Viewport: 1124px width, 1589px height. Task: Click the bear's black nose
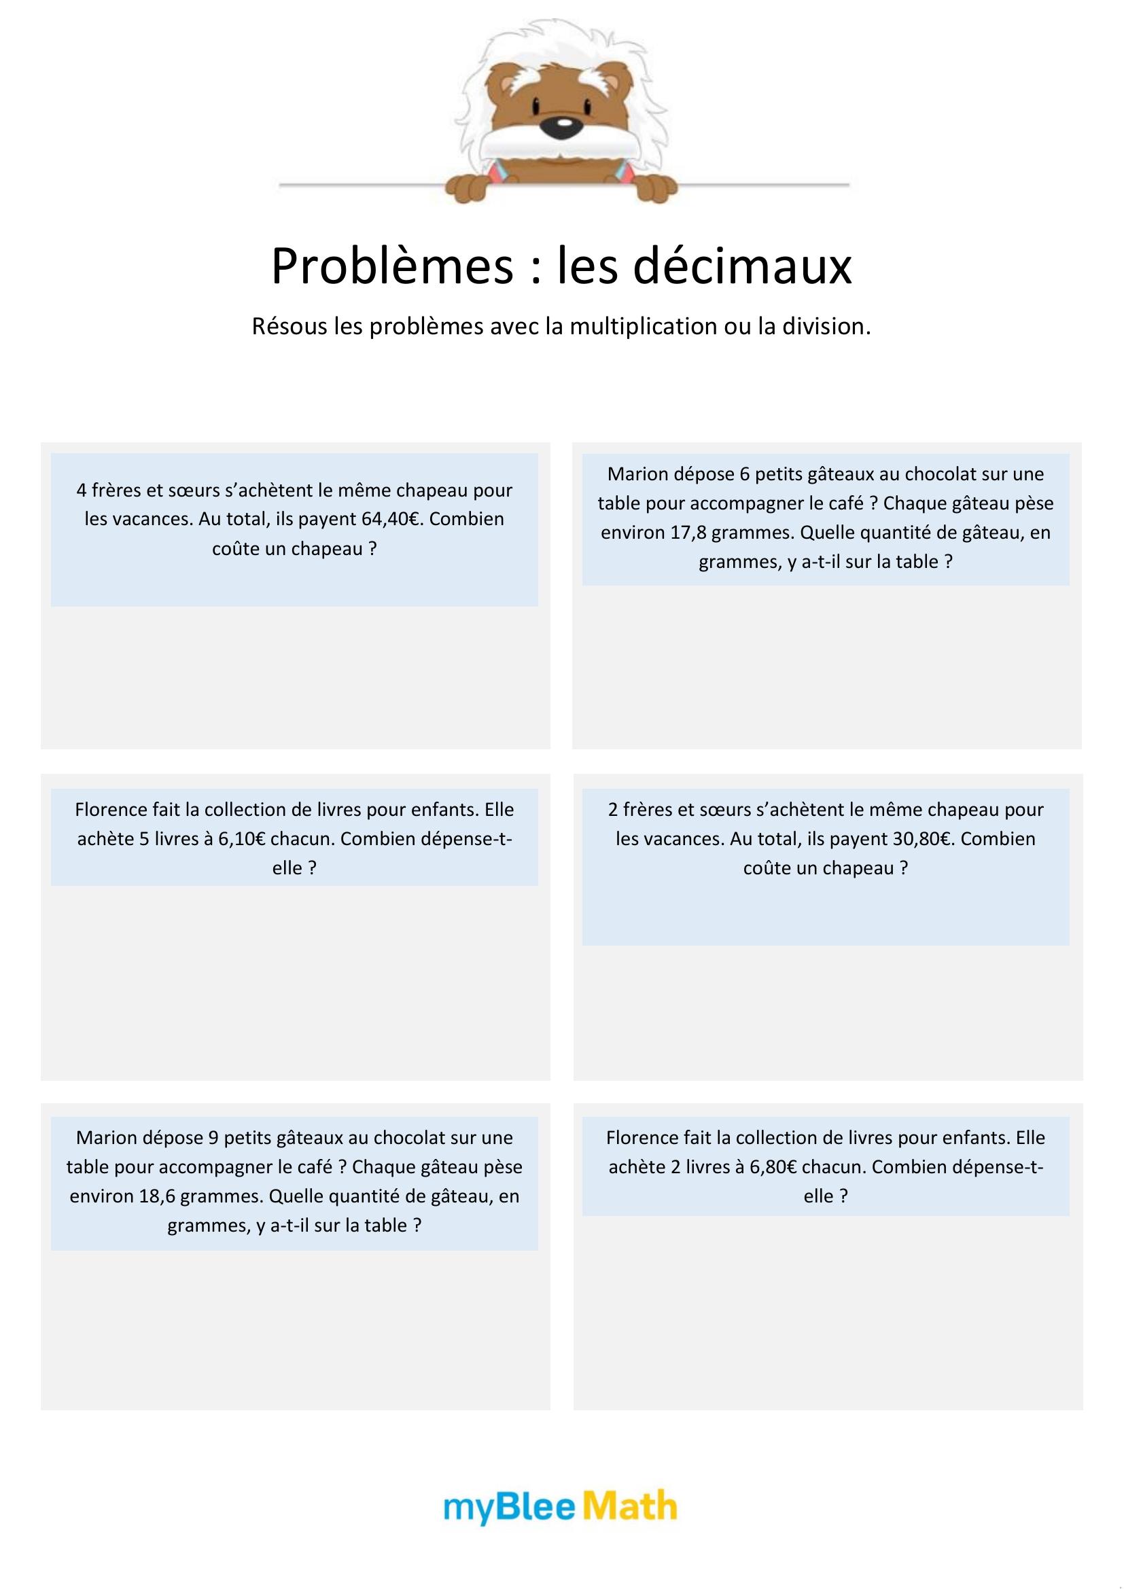[565, 126]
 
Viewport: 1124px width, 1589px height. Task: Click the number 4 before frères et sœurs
[82, 490]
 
